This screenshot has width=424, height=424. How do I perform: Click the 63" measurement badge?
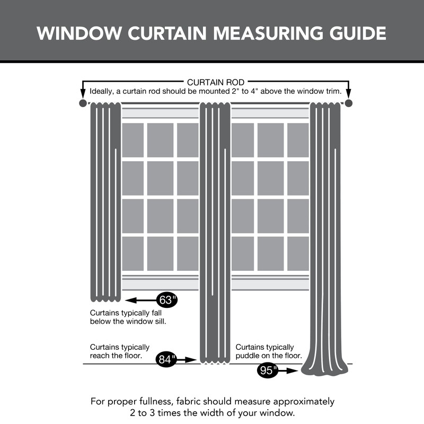[x=167, y=300]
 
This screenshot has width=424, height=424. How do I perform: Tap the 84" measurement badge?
[x=166, y=359]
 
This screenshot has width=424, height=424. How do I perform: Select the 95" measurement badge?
[x=268, y=370]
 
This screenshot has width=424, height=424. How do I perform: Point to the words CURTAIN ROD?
[x=216, y=83]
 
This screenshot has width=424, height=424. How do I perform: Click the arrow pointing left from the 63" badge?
[x=141, y=300]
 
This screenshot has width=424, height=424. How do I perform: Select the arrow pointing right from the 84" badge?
[x=188, y=359]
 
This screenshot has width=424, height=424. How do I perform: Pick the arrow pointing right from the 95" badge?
[x=289, y=370]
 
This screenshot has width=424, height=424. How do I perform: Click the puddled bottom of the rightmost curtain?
[x=325, y=369]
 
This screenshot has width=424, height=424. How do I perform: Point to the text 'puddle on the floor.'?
[x=269, y=356]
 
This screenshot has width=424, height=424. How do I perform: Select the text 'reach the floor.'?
[x=116, y=356]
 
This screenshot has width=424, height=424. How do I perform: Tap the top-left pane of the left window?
[x=132, y=140]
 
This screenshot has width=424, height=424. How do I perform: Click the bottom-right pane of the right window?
[x=298, y=253]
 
